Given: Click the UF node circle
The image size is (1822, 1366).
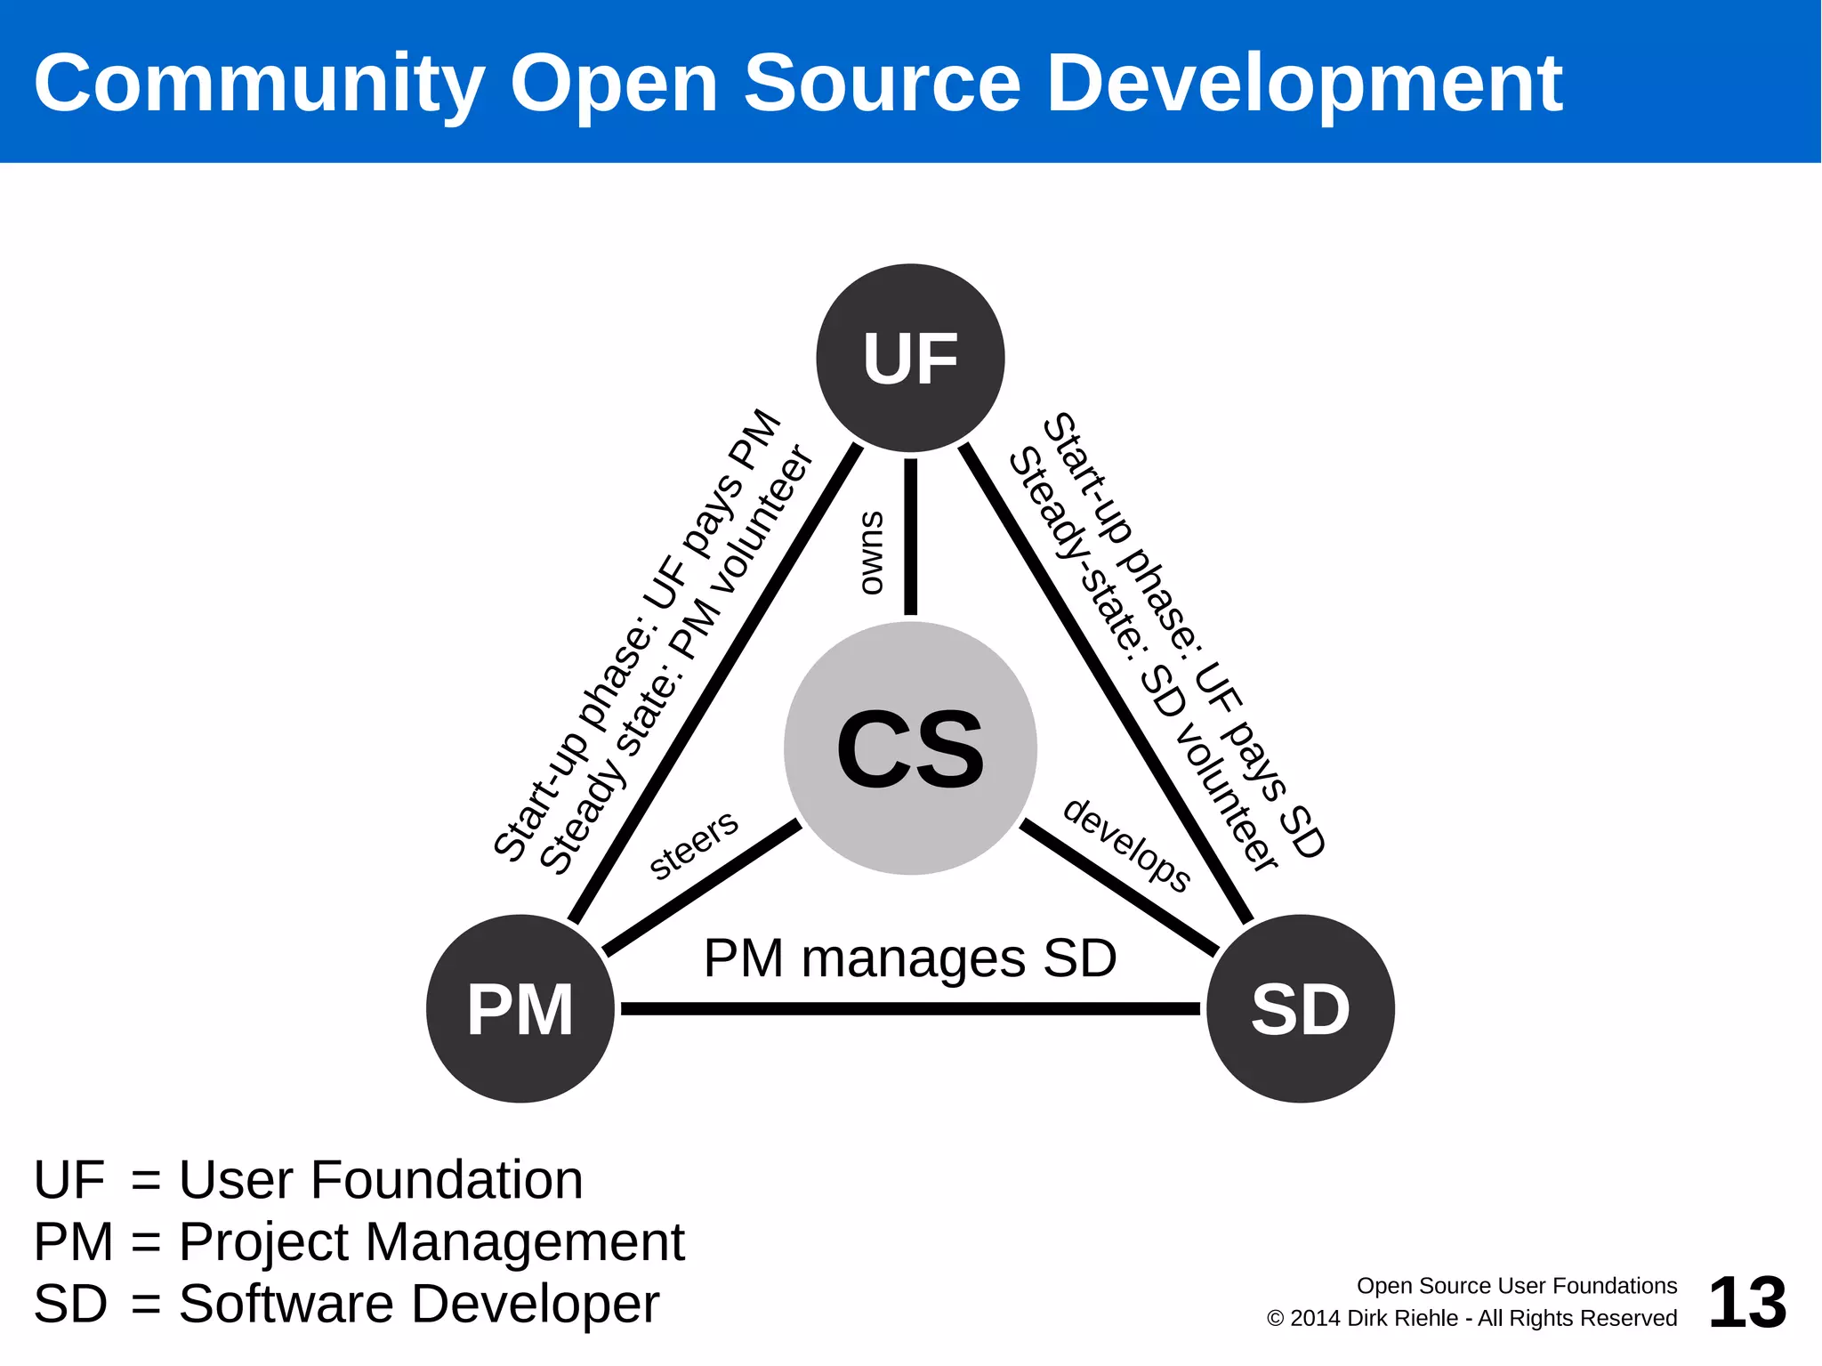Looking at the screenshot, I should (x=910, y=358).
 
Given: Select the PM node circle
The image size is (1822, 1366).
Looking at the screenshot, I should (x=520, y=1008).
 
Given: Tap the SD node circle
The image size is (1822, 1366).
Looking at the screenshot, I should (x=1300, y=1008).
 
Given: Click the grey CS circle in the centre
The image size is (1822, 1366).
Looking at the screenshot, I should (x=910, y=748).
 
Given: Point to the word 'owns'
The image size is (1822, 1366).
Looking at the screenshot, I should (x=872, y=553).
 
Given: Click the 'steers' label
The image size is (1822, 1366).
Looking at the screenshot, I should (x=693, y=845).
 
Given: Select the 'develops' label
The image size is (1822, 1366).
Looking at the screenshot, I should (x=1127, y=845).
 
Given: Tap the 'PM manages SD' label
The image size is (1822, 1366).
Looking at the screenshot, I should (x=909, y=958).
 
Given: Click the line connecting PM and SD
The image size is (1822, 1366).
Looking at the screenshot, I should (x=909, y=1008).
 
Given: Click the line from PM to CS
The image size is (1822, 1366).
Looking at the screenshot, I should (x=702, y=888).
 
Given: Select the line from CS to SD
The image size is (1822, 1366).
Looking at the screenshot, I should (x=1119, y=888).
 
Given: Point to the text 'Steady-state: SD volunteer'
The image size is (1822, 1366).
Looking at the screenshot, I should (x=1144, y=659).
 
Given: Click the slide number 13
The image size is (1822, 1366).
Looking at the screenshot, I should (x=1746, y=1303).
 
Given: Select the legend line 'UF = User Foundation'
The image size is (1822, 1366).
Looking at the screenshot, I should (x=308, y=1180).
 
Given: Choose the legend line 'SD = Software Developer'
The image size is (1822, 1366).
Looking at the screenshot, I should (x=346, y=1304).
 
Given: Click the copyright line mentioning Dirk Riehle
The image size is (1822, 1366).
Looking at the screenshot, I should (x=1471, y=1318).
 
